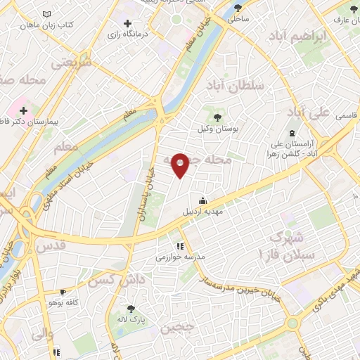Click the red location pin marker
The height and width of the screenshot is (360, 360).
pos(180,165)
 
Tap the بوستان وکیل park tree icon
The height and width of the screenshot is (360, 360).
pos(215,117)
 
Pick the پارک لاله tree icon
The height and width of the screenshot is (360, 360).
pos(129,308)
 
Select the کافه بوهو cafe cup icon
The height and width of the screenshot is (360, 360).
pos(63,291)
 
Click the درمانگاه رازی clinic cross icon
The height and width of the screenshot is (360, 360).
pos(128,23)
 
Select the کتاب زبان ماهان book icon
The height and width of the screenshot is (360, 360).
pos(46,14)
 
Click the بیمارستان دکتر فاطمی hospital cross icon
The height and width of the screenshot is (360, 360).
pos(24,110)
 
